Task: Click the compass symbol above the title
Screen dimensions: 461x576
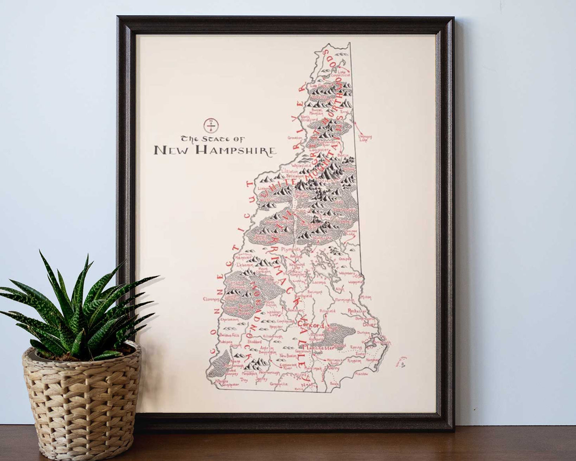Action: [210, 125]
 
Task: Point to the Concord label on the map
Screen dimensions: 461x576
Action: [311, 325]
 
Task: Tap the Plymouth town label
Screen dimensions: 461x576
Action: [290, 249]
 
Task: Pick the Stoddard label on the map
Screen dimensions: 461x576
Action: [254, 342]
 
